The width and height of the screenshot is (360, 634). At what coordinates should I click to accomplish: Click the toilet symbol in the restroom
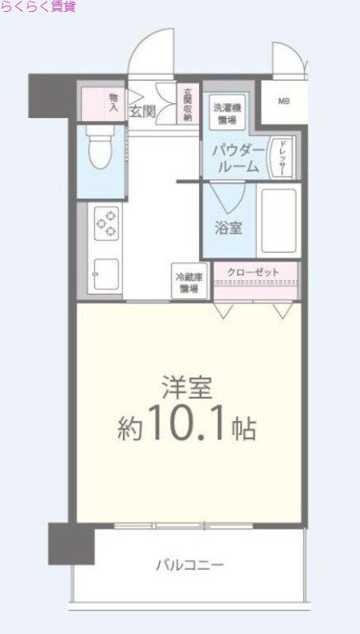101,149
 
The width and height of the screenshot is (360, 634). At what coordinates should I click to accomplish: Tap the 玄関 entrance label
142,111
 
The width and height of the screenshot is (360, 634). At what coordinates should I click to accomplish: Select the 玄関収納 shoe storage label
187,105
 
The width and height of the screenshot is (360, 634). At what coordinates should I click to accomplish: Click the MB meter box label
283,101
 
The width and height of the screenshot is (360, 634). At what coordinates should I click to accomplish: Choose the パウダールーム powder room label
235,158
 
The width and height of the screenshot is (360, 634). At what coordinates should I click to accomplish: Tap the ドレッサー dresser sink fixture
281,156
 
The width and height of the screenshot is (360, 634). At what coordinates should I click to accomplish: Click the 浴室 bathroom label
229,227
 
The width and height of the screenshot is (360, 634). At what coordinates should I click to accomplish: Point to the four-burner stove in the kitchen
106,223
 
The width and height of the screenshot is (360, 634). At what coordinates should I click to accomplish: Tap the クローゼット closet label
253,273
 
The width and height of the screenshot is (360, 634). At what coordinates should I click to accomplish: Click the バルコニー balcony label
189,565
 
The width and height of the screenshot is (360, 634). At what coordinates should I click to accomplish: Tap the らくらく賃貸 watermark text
38,7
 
